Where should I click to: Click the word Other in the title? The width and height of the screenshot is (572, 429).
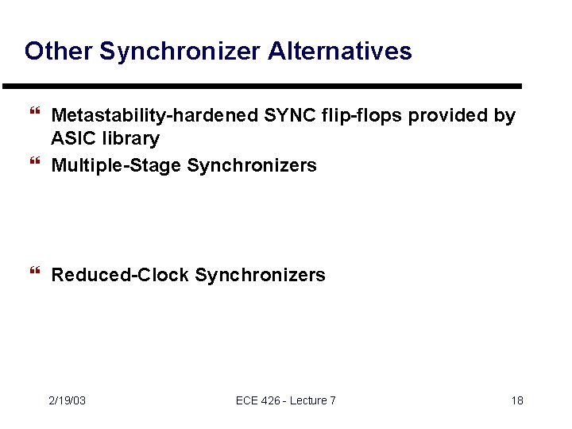tap(58, 52)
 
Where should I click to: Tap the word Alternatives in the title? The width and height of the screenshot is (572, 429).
tap(340, 52)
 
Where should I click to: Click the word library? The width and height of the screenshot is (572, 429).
tap(131, 139)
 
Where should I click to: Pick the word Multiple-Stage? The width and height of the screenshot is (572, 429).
tap(116, 166)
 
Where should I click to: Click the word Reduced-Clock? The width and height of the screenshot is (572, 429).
tap(120, 276)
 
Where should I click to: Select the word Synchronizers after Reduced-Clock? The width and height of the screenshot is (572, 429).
tap(260, 276)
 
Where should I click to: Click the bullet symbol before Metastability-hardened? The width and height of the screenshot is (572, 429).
tap(33, 116)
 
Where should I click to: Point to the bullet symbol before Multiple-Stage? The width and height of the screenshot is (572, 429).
tap(33, 164)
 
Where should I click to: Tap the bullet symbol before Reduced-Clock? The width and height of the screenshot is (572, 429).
tap(33, 274)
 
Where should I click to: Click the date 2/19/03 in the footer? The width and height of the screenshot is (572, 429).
tap(67, 400)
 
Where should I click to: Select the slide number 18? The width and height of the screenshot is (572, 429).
tap(517, 400)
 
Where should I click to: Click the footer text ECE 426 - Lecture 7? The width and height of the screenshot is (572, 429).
tap(286, 400)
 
